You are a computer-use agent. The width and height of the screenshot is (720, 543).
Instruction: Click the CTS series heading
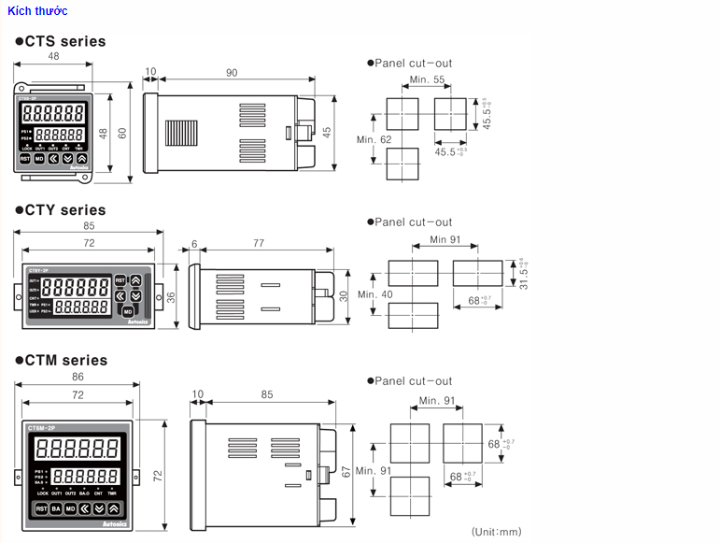pos(64,41)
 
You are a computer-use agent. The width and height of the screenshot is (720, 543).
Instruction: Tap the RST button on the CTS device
pos(25,159)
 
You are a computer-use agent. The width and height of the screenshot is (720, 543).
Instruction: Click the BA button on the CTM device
pos(55,508)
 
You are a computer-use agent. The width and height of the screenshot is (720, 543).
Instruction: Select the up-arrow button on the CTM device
pos(113,508)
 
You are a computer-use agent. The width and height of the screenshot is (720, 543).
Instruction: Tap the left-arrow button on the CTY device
pos(120,294)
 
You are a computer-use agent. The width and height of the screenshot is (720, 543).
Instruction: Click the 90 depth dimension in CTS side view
pos(232,73)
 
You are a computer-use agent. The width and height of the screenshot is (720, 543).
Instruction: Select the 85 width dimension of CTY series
pos(88,225)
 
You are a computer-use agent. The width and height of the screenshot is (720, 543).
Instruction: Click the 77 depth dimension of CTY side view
pos(259,243)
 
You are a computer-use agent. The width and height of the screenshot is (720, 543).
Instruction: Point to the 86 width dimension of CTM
pos(78,376)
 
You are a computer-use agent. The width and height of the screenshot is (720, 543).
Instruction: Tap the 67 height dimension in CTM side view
pos(346,473)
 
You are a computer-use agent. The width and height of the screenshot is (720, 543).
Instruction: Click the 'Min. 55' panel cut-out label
pos(426,79)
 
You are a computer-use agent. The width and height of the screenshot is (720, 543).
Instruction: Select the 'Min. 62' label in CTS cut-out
pos(374,139)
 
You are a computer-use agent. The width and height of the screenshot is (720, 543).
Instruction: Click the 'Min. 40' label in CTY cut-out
pos(374,294)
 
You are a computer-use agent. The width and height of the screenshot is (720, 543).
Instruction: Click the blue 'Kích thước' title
pos(37,10)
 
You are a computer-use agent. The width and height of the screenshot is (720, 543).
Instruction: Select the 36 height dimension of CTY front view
pos(171,296)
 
